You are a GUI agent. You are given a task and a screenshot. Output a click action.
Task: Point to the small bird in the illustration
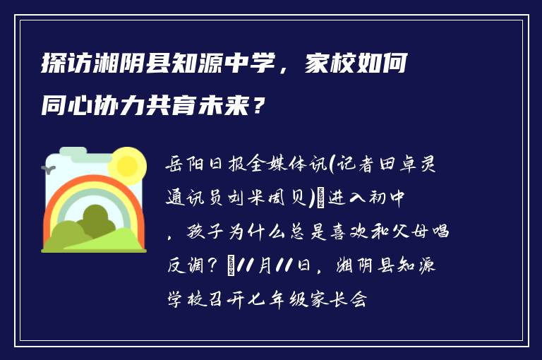click(50, 169)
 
